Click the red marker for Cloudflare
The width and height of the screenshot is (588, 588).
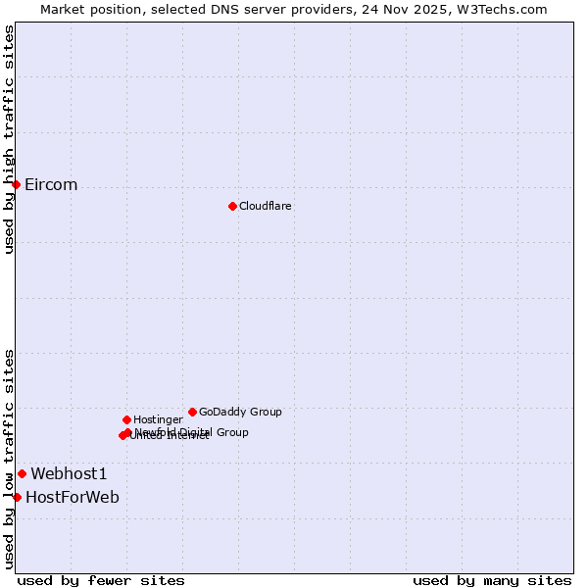click(x=232, y=206)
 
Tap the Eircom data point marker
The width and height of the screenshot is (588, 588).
click(x=16, y=184)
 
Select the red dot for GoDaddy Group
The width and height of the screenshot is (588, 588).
click(x=192, y=412)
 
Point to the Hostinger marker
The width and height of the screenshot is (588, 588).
click(x=126, y=419)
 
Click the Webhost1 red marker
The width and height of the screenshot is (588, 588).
click(x=22, y=473)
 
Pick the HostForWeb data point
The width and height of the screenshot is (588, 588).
click(x=17, y=497)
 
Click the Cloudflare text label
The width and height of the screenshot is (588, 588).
click(x=265, y=206)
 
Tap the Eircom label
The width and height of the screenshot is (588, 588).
click(x=51, y=185)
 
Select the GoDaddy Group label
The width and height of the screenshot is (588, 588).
click(x=240, y=412)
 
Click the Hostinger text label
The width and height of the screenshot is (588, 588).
click(x=158, y=419)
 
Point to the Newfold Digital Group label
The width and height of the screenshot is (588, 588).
click(x=191, y=432)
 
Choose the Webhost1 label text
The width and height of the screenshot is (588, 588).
click(x=69, y=474)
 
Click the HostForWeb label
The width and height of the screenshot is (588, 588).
click(x=73, y=498)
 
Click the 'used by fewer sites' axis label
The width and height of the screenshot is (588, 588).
click(x=101, y=581)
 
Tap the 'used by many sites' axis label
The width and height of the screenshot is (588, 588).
click(x=492, y=581)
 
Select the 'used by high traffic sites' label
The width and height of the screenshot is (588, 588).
click(x=9, y=139)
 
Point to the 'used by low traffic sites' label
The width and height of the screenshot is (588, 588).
click(x=9, y=459)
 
